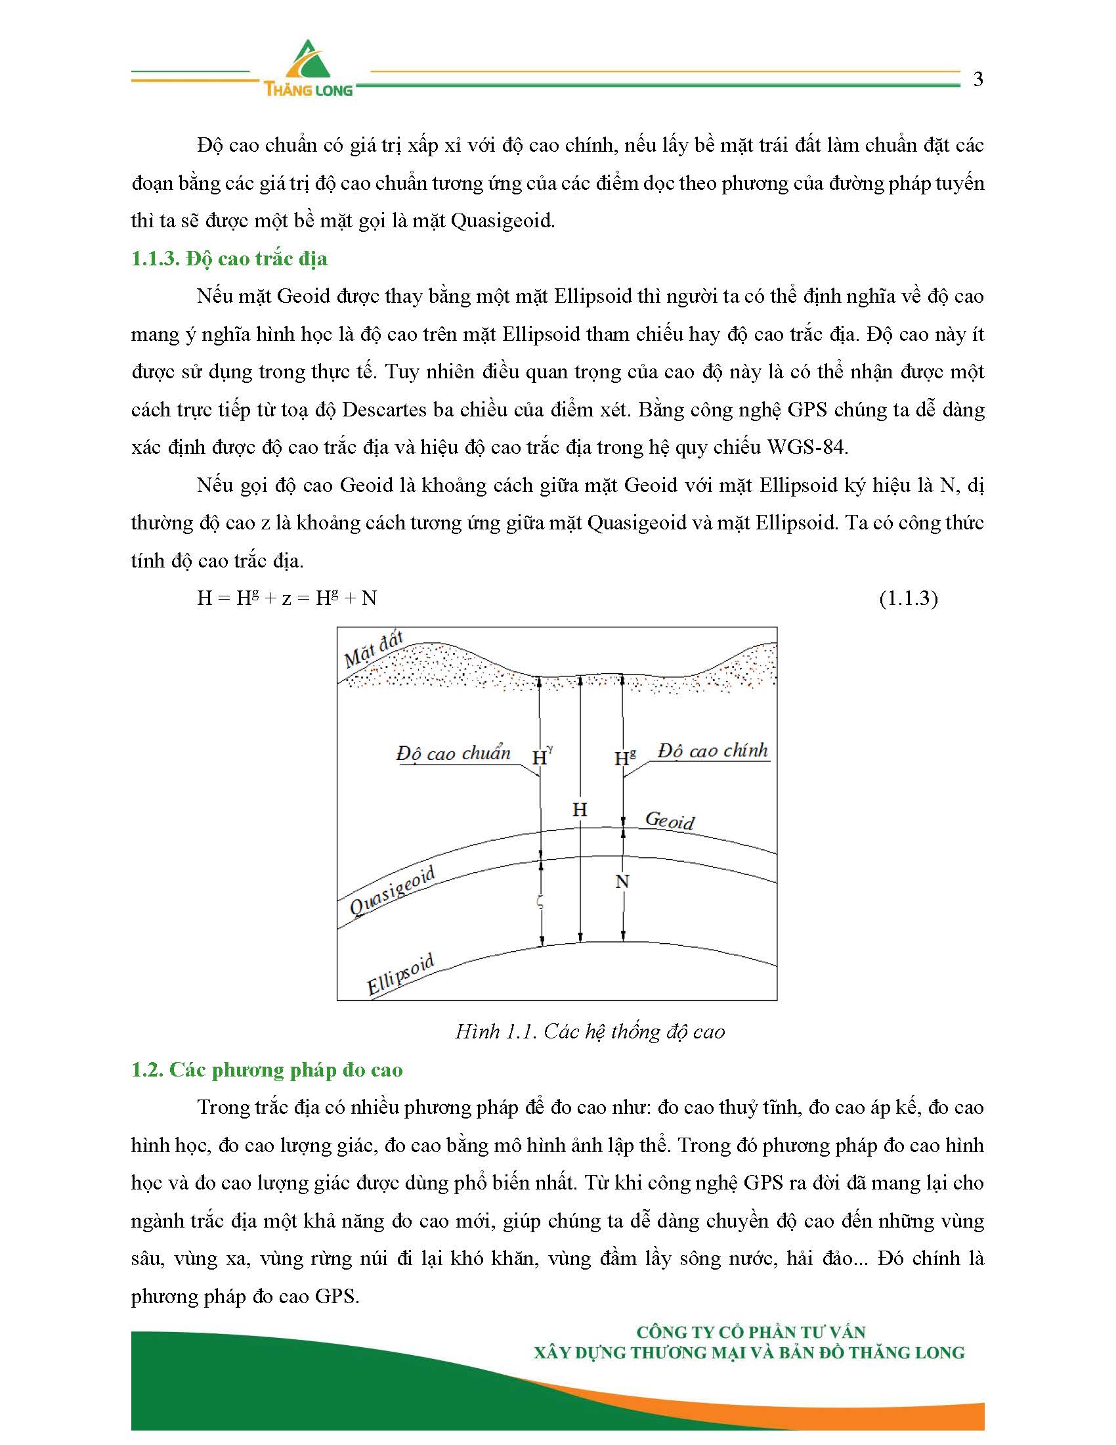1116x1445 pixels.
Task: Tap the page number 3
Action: (x=978, y=79)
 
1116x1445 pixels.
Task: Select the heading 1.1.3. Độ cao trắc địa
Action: (x=228, y=259)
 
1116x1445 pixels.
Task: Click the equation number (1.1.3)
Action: (x=908, y=598)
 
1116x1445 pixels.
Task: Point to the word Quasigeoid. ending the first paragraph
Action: (x=502, y=221)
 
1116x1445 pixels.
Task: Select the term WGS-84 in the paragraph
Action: (x=807, y=448)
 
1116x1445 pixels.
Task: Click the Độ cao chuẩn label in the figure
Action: (x=454, y=753)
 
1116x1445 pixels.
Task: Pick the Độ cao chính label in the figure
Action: (x=713, y=751)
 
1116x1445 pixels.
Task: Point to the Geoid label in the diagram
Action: (x=669, y=821)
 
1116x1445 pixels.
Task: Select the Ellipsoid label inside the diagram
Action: (x=400, y=974)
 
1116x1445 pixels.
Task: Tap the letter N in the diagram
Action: (x=622, y=881)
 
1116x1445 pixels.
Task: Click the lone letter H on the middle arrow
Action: (x=580, y=809)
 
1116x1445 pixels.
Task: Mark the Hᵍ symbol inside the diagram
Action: (x=625, y=757)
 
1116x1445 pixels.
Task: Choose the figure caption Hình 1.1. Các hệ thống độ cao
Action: (x=590, y=1031)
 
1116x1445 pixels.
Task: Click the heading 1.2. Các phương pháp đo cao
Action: (x=267, y=1070)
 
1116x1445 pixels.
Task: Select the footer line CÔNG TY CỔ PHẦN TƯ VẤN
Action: (x=750, y=1332)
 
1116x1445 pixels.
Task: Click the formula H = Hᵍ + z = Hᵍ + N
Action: (x=287, y=598)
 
